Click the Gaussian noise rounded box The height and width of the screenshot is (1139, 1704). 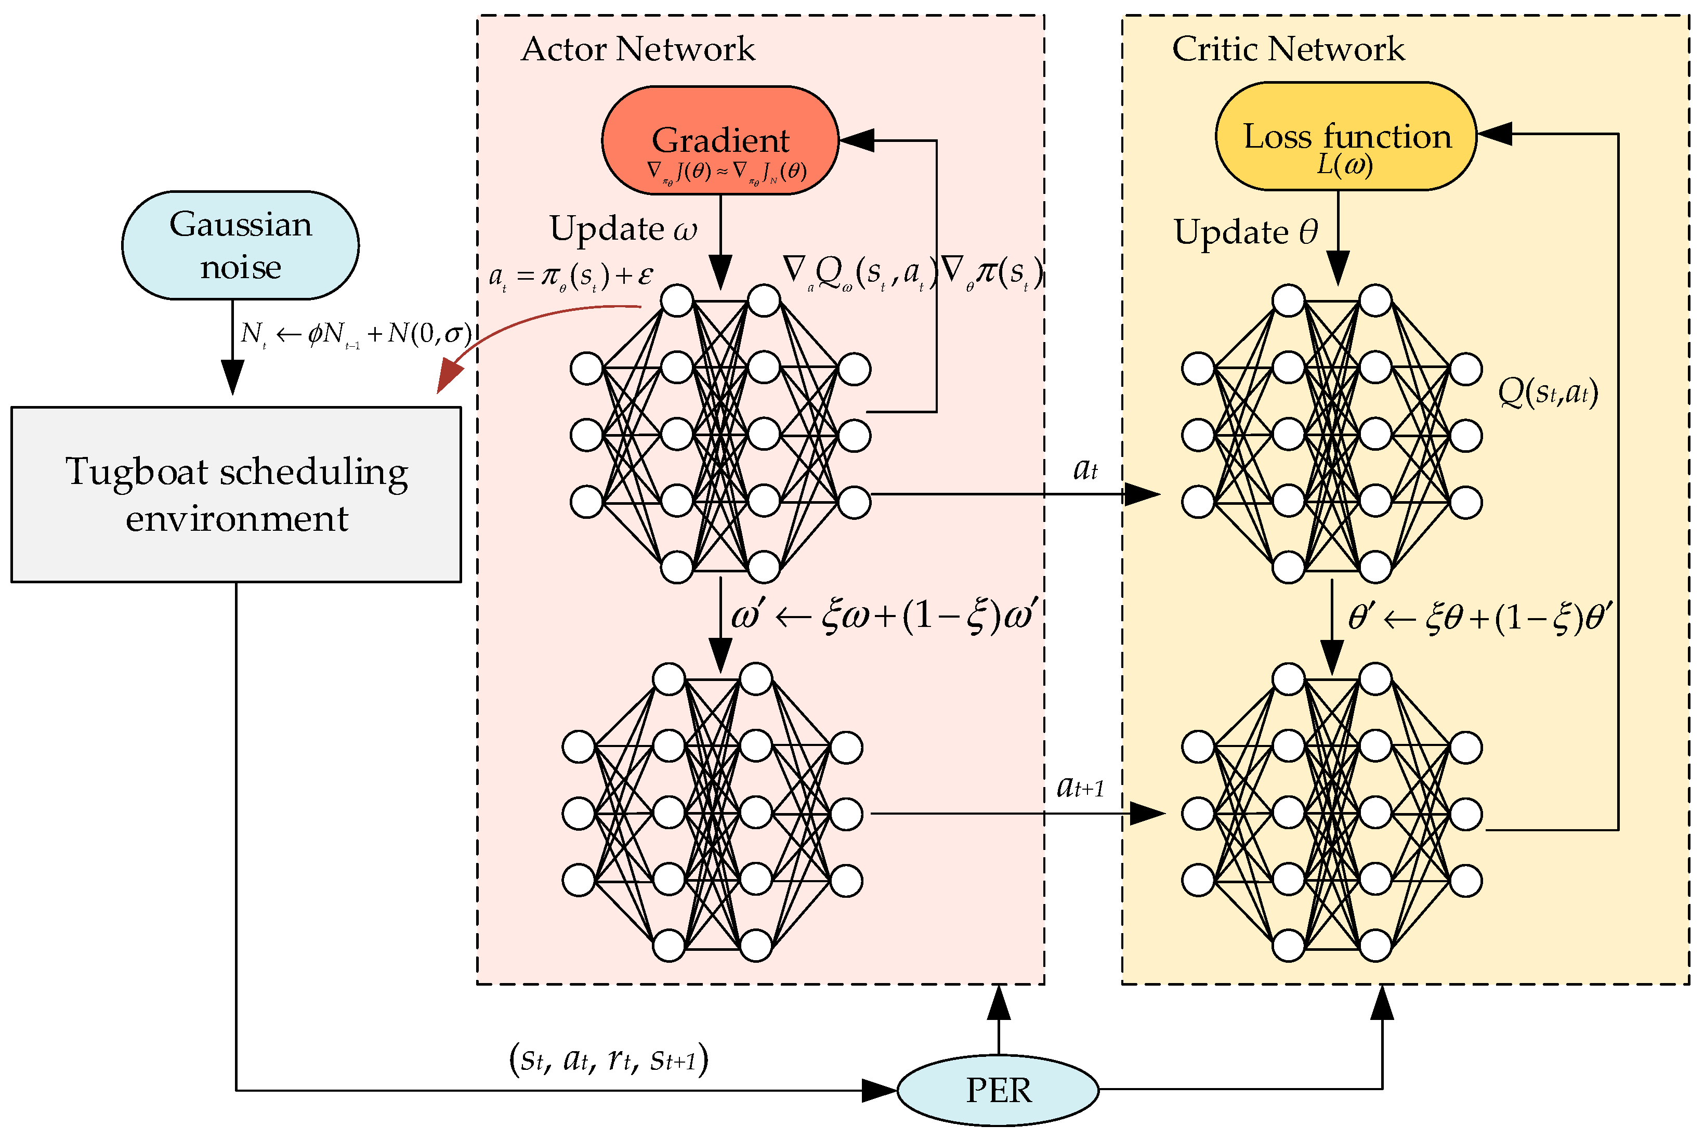click(240, 245)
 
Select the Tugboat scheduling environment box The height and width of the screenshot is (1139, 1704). click(236, 494)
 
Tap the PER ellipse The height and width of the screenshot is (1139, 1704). click(998, 1090)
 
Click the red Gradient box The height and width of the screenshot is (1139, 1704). click(720, 140)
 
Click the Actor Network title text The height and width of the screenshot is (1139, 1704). click(638, 49)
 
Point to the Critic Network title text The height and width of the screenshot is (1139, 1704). click(1288, 49)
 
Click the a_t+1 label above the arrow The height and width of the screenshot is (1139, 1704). click(1080, 786)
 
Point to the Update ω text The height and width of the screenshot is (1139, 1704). click(622, 228)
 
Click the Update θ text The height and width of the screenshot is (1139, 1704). click(1245, 232)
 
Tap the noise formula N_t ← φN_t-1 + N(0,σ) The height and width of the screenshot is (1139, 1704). click(356, 333)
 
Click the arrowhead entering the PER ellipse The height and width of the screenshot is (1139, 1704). click(880, 1090)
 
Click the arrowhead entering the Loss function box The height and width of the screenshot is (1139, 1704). click(1495, 134)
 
